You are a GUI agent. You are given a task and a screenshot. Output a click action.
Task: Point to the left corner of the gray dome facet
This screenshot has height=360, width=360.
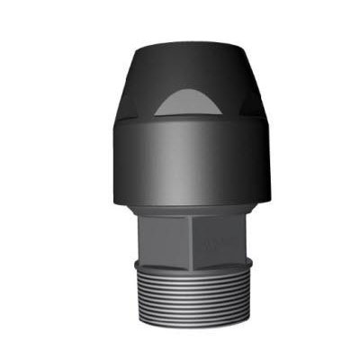click(x=152, y=114)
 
